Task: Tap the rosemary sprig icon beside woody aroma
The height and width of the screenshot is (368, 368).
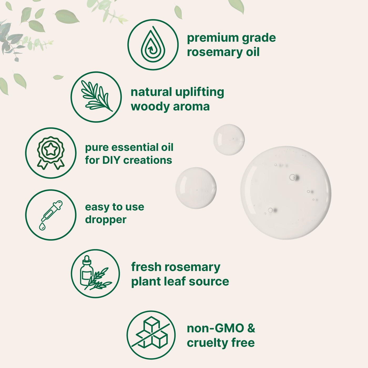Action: pyautogui.click(x=96, y=96)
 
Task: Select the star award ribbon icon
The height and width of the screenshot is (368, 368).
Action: pyautogui.click(x=51, y=153)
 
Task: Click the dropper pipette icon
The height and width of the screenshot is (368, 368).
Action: pyautogui.click(x=51, y=215)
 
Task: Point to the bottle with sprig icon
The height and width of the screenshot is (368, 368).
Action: pyautogui.click(x=95, y=273)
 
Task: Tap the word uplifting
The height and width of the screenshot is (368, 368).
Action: pyautogui.click(x=199, y=93)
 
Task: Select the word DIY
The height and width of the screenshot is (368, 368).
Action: pyautogui.click(x=111, y=160)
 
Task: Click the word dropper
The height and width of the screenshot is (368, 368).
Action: pyautogui.click(x=106, y=220)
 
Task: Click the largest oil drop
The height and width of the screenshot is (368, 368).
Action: pyautogui.click(x=286, y=193)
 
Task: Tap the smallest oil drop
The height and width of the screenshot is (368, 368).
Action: pyautogui.click(x=229, y=140)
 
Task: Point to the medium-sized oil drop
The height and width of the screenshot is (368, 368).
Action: pyautogui.click(x=196, y=188)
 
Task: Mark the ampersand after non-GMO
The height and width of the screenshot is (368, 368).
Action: pyautogui.click(x=251, y=328)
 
